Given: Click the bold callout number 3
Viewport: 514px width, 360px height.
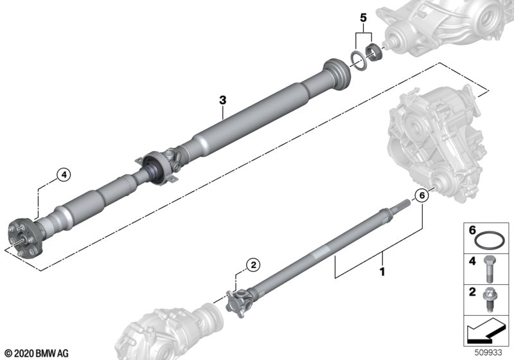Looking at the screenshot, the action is pyautogui.click(x=223, y=100).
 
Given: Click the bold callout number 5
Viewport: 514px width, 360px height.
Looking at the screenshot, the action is pyautogui.click(x=363, y=18).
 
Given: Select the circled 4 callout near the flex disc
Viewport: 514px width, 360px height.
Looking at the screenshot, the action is pyautogui.click(x=64, y=175).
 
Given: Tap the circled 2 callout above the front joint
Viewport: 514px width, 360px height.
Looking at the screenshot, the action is pyautogui.click(x=253, y=265).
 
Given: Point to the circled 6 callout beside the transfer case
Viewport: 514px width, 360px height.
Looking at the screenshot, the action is pyautogui.click(x=422, y=195).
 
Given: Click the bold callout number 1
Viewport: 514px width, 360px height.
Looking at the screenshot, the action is pyautogui.click(x=382, y=272).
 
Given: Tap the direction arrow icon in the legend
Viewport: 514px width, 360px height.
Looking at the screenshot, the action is pyautogui.click(x=485, y=330).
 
